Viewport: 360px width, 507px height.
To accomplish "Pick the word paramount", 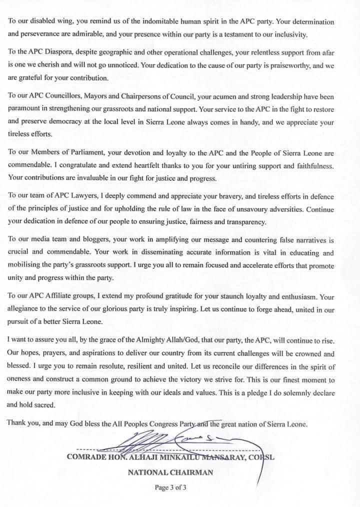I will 24,109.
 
